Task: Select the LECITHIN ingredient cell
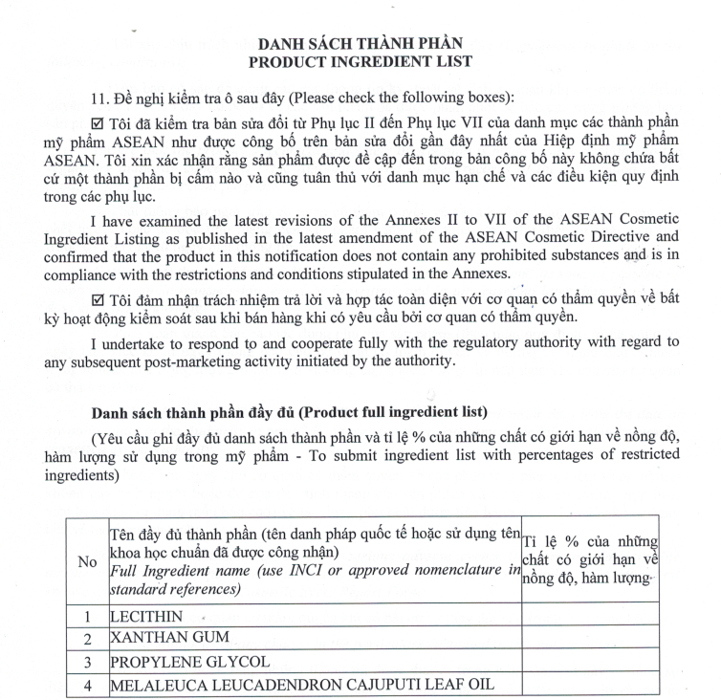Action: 146,617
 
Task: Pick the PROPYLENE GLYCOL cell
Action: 188,661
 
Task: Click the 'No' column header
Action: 86,562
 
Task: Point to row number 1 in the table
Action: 86,617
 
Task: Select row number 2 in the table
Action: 86,639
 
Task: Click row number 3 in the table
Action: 86,662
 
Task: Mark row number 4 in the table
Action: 86,685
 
